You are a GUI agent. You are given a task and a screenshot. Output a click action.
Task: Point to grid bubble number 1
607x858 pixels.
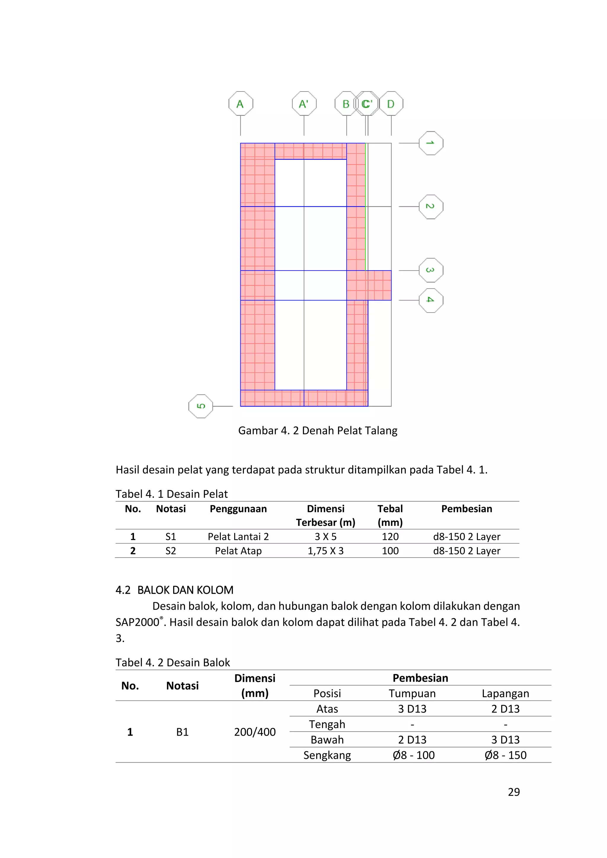pos(431,143)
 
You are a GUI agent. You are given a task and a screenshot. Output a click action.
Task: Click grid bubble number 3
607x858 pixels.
pos(431,270)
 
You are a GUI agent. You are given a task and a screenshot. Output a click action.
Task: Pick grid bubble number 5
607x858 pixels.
pos(201,406)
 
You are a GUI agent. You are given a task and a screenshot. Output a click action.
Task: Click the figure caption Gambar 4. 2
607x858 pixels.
pos(317,430)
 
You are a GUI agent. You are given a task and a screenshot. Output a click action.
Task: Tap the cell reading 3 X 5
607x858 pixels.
pos(325,537)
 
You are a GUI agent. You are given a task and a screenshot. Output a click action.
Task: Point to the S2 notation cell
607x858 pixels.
pos(170,551)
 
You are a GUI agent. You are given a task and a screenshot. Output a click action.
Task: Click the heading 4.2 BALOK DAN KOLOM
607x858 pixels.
pos(174,590)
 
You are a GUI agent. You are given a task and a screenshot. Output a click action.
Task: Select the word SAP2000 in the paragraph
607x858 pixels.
pos(138,622)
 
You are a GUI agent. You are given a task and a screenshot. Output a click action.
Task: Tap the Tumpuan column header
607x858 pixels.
pos(412,694)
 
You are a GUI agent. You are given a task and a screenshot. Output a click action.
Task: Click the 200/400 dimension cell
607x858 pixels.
pos(255,732)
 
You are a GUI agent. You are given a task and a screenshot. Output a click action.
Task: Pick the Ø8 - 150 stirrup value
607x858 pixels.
pos(505,755)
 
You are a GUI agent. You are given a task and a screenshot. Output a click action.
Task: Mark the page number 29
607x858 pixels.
pos(514,792)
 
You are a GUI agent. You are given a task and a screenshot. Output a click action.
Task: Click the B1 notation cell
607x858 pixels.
pos(182,732)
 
